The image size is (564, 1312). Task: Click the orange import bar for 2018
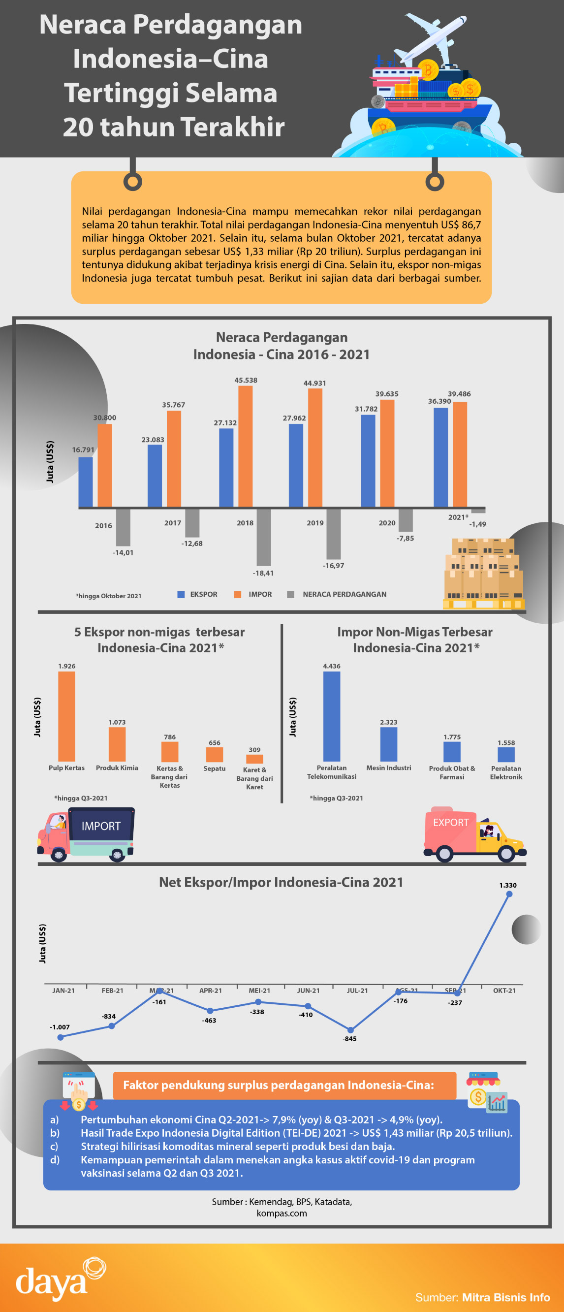246,446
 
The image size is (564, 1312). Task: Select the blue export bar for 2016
86,482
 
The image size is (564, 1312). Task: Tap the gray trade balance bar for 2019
333,533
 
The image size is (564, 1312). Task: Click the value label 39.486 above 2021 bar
459,394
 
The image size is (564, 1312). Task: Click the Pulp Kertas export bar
66,716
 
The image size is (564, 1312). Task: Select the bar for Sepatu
214,754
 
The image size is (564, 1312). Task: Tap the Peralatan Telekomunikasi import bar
331,716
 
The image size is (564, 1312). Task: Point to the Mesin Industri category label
388,768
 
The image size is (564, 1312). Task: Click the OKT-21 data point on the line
509,894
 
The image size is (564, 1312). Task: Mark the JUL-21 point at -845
350,1030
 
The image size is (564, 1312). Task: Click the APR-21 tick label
210,991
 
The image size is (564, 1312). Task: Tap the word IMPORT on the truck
101,826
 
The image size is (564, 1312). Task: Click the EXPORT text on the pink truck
450,823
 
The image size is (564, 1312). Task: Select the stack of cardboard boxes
483,574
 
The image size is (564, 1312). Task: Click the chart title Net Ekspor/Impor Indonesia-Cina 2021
281,882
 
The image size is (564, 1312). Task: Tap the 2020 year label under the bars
387,523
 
